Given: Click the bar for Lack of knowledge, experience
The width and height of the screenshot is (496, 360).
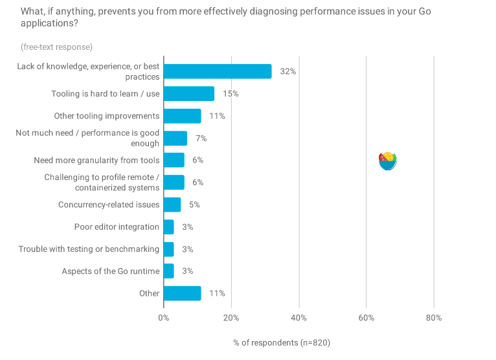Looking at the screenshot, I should [x=218, y=71].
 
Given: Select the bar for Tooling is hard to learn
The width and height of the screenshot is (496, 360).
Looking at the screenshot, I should [x=189, y=94].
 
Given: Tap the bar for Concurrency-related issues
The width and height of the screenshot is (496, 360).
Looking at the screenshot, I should [x=172, y=205].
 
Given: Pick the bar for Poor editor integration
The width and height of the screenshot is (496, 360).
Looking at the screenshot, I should [x=169, y=227].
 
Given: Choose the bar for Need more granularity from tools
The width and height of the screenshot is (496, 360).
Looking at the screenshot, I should [x=174, y=160].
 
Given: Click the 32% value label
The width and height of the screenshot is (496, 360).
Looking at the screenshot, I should [x=288, y=71].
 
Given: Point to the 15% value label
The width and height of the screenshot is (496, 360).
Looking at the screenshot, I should [x=231, y=94].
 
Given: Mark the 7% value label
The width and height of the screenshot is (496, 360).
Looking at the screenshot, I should [x=201, y=138].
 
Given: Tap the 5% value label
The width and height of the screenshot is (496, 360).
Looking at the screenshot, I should [x=194, y=205].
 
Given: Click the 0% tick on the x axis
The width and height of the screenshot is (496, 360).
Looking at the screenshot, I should [x=164, y=318].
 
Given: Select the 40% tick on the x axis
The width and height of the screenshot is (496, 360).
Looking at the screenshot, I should [x=299, y=318].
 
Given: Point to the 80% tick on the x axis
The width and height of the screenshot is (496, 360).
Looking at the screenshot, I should [x=434, y=318].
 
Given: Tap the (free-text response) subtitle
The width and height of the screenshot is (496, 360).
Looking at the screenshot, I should [x=56, y=47].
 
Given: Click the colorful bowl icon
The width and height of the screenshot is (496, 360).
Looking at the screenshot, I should [x=387, y=161].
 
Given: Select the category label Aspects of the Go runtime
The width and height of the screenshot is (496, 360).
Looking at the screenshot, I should [x=110, y=271].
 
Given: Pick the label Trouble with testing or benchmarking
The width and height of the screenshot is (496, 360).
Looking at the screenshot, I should [x=89, y=249].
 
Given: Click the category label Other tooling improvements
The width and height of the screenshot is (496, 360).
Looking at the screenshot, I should [x=106, y=116].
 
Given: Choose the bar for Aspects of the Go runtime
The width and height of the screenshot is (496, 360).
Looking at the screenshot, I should [x=169, y=271].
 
